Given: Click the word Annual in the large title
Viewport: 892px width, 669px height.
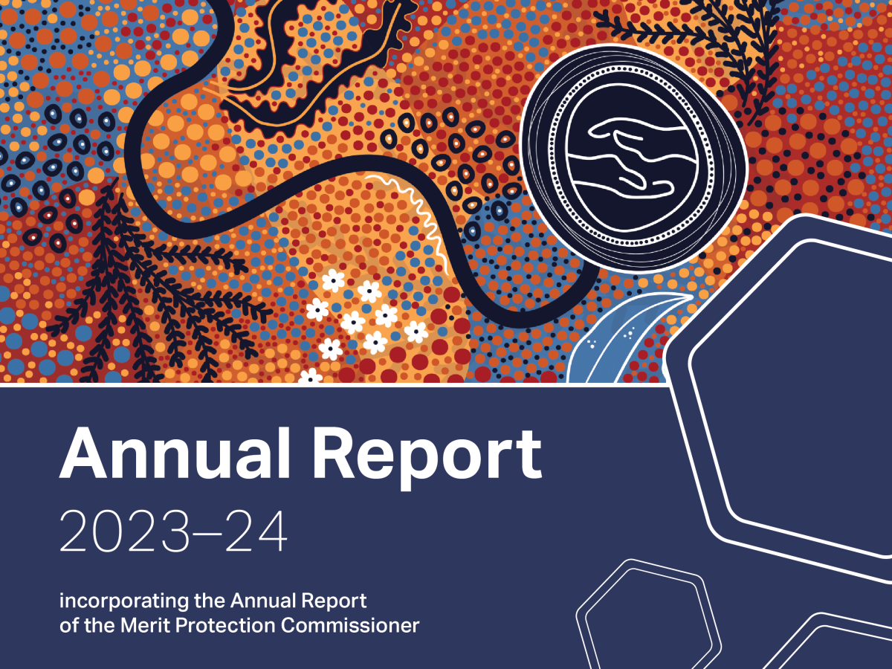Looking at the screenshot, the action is [x=175, y=453].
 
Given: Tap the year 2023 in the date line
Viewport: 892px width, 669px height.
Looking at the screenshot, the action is [x=124, y=531].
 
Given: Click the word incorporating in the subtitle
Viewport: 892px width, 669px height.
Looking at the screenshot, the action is [x=124, y=601].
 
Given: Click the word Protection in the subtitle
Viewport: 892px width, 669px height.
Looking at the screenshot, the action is [x=225, y=625].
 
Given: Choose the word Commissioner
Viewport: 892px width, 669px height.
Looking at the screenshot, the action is [x=350, y=625].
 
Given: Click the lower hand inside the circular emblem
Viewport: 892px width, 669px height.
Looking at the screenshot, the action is [x=621, y=178].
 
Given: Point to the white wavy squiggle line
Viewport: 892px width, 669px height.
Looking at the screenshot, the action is [x=415, y=219].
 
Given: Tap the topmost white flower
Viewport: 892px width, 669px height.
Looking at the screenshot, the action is [x=334, y=280].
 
